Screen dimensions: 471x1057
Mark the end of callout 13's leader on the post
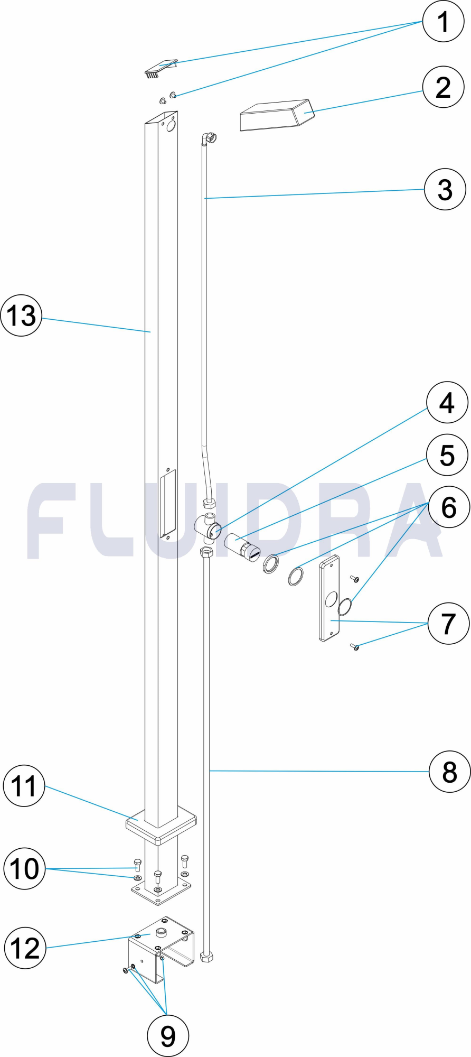pos(151,332)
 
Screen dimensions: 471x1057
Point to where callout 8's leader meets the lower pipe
pos(210,771)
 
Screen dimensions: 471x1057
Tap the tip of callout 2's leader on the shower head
pos(305,112)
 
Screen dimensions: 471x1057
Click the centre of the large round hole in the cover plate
pos(331,599)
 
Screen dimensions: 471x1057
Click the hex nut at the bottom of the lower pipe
pos(207,957)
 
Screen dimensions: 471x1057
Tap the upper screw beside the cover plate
pos(355,579)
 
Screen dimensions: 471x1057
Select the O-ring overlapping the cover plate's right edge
pos(344,607)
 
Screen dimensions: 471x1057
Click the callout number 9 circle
pos(167,1035)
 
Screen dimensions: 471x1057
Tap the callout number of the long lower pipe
pos(449,772)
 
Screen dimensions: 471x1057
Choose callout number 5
pos(447,455)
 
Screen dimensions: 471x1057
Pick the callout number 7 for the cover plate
pos(448,623)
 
